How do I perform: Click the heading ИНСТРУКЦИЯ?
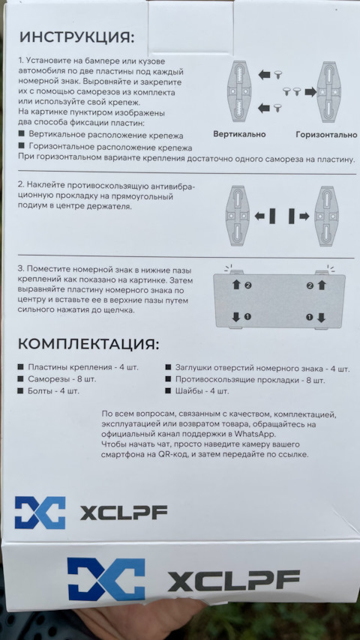[x=76, y=38]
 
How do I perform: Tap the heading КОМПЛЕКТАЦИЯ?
[x=88, y=344]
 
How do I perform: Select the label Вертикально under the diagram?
[x=239, y=134]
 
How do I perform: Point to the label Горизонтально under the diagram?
[x=326, y=135]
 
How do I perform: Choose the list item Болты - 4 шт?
[x=53, y=391]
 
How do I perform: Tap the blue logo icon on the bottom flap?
[x=106, y=579]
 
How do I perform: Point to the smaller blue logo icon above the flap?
[x=40, y=513]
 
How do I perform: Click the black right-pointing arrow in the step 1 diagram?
[x=310, y=92]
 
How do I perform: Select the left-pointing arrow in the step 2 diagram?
[x=259, y=217]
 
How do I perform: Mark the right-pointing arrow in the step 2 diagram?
[x=304, y=217]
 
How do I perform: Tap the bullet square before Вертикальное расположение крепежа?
[x=22, y=134]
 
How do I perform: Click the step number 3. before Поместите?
[x=21, y=271]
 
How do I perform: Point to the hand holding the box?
[x=135, y=621]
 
